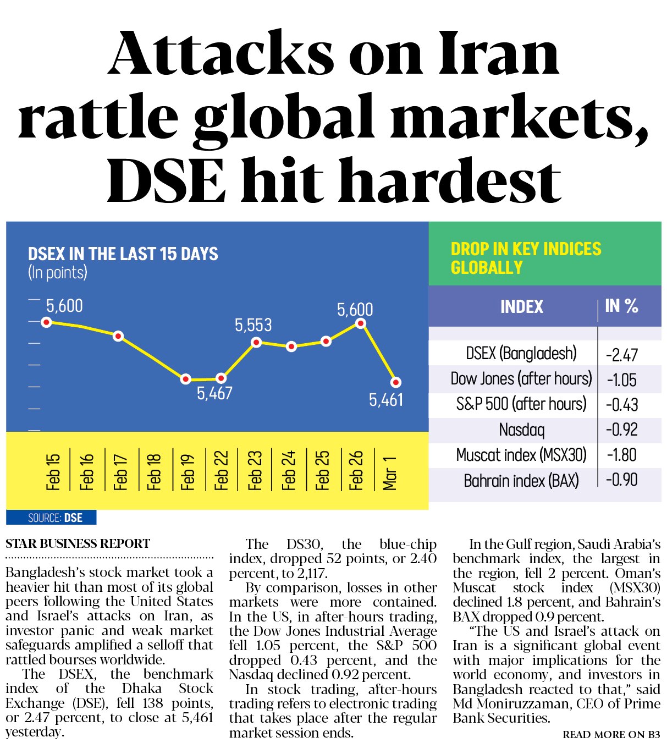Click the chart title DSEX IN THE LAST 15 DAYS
(123, 254)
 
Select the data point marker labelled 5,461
(395, 382)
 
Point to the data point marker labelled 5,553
(256, 343)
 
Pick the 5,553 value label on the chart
(253, 325)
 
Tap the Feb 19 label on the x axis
(188, 471)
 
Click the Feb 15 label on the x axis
(53, 471)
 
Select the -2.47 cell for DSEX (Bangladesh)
(622, 355)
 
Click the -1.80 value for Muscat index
(622, 455)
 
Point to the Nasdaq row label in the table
(521, 430)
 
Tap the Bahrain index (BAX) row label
(521, 481)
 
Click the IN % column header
(621, 306)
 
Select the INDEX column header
(521, 306)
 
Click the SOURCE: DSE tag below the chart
(55, 518)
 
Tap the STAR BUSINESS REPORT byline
(78, 543)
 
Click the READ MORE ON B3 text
(611, 735)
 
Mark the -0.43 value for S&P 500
(622, 405)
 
